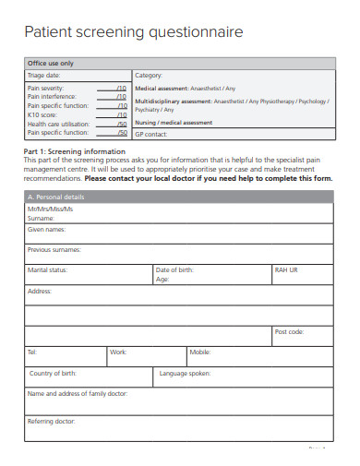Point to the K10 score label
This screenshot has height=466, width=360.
click(42, 114)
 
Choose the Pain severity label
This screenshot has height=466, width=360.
click(45, 88)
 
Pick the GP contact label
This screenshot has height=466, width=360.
click(152, 134)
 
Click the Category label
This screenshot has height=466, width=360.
click(149, 75)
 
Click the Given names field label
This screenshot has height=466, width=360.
click(46, 229)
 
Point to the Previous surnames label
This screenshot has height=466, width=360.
click(54, 249)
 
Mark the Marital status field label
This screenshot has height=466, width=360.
click(47, 269)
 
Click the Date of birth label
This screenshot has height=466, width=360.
click(174, 269)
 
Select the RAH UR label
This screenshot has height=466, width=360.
click(287, 269)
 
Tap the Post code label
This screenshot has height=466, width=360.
click(289, 331)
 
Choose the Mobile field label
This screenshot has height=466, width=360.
click(200, 352)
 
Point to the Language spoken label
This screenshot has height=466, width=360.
click(186, 373)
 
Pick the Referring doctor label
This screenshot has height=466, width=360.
click(52, 421)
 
